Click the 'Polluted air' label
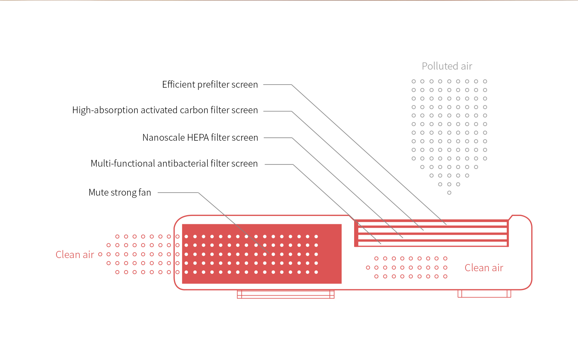click(447, 66)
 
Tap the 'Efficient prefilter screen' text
click(210, 85)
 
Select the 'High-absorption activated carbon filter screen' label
click(165, 110)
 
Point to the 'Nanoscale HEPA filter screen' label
click(200, 138)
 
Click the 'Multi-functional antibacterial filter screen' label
click(174, 164)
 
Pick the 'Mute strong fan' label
click(120, 193)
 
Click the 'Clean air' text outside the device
click(75, 255)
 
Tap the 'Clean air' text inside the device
click(484, 268)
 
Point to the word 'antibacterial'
click(183, 164)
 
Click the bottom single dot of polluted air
click(449, 193)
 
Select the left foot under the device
click(286, 294)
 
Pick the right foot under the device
click(484, 294)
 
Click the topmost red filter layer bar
click(431, 221)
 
